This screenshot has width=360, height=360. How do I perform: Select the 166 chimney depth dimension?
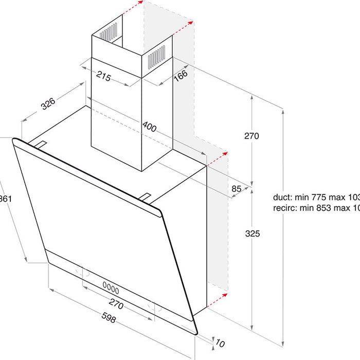(180, 75)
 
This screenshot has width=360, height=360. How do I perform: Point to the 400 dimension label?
(149, 126)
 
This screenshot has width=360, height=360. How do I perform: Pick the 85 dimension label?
(237, 189)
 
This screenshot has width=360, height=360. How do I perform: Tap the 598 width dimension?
(109, 319)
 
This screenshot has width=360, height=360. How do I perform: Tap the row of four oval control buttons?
(111, 285)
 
